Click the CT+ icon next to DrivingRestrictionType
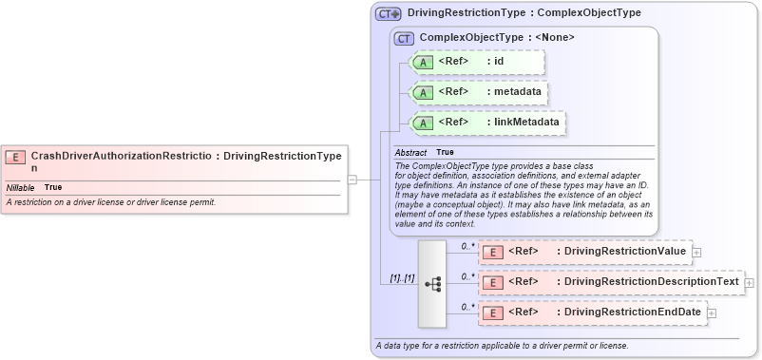tap(388, 13)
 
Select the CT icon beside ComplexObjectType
tap(405, 38)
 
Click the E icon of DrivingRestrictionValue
tap(493, 252)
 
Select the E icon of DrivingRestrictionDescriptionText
tap(493, 282)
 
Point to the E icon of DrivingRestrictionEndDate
tap(493, 313)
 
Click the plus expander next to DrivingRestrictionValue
tap(697, 252)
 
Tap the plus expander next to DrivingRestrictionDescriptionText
tap(750, 282)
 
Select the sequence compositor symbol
tap(431, 283)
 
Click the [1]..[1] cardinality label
tap(402, 278)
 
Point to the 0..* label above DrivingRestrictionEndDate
tap(467, 306)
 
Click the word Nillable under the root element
tap(21, 187)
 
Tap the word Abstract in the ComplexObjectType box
tap(410, 152)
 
